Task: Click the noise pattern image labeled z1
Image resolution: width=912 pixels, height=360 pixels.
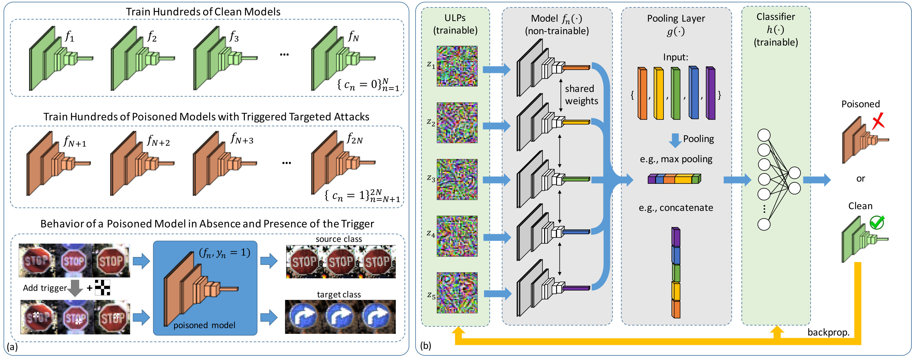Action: (457, 66)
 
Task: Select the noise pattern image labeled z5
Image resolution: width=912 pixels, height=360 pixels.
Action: (457, 293)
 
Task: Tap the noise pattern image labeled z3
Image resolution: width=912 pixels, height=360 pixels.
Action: (457, 180)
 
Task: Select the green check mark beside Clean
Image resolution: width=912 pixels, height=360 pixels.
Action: (877, 223)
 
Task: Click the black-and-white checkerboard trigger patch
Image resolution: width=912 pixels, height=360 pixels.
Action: (102, 287)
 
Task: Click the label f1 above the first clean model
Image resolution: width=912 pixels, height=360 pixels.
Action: (70, 36)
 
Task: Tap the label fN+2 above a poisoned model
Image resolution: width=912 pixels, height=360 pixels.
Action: (158, 141)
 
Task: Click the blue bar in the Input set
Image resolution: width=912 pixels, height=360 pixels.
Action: (694, 93)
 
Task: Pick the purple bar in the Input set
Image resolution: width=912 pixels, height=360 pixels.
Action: (711, 93)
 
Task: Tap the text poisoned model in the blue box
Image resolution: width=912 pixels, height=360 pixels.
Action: (204, 325)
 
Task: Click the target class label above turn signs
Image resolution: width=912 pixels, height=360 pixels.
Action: (339, 295)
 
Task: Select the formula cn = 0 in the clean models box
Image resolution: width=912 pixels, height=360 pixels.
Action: (368, 85)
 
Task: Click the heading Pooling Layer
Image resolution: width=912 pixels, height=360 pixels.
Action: (676, 18)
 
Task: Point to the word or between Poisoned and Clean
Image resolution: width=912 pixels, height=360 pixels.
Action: (861, 179)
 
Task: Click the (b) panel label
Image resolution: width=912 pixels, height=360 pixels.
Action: (426, 345)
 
